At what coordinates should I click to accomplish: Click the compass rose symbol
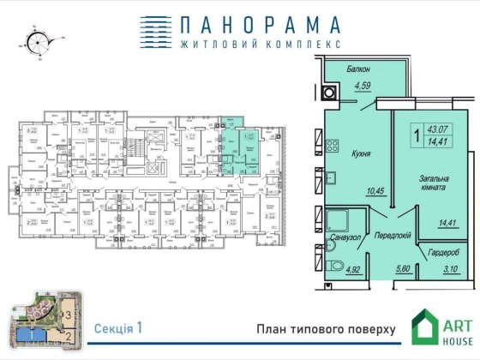38,40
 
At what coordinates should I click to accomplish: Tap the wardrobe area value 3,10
448,269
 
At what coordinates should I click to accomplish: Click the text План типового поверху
325,329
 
